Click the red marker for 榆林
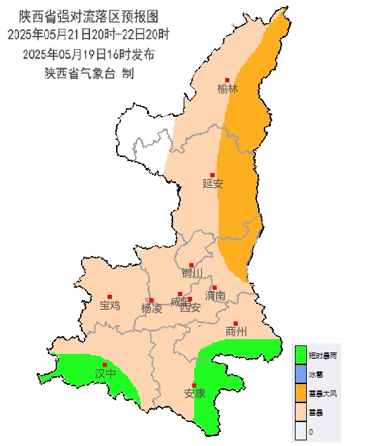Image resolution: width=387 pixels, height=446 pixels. coord(227,79)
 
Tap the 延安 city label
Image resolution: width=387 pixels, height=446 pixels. coord(212,184)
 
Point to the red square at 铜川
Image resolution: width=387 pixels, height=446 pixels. coord(191,265)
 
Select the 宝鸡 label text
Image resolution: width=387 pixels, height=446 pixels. coord(110,305)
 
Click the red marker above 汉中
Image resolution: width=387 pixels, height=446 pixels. coord(105,364)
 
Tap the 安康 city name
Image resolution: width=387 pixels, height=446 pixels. coord(194,393)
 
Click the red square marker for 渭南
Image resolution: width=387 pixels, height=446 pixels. coord(215,288)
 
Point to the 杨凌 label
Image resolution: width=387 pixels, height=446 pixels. coord(151,308)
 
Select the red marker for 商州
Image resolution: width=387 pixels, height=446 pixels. coord(236,324)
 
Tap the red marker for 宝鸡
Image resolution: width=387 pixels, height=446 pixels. coord(109,297)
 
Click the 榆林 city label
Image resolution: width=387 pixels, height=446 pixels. coord(228,89)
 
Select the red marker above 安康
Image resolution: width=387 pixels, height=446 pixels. coord(193,384)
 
